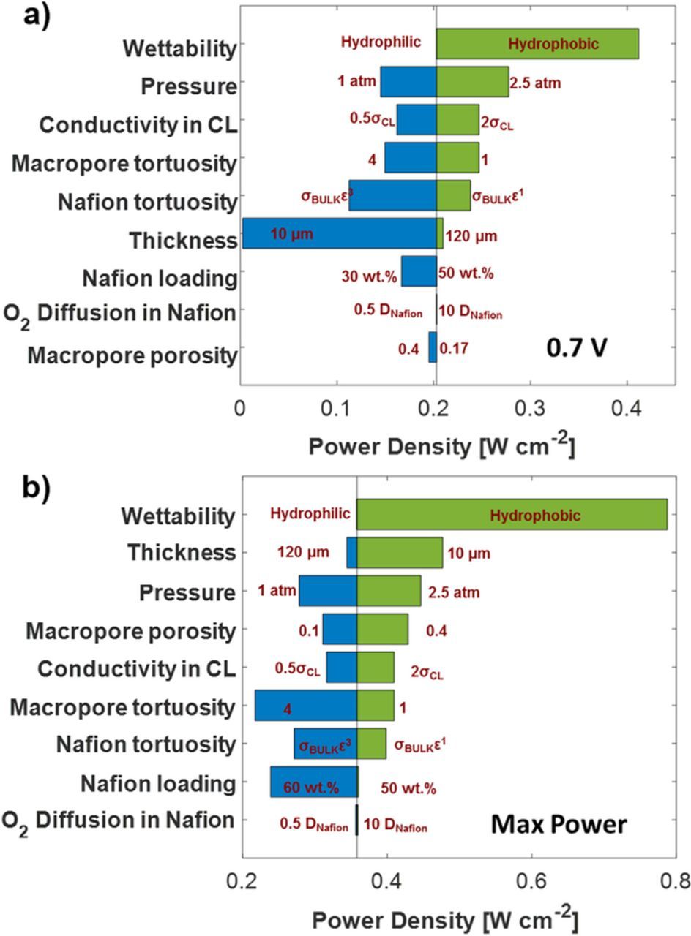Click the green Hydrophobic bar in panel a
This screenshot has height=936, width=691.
tap(537, 43)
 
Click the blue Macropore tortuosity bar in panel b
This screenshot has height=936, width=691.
tap(305, 706)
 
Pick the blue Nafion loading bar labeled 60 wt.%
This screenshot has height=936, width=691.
tap(313, 782)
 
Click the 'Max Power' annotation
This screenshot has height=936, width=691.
tap(559, 825)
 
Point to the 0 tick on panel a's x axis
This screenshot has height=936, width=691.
tap(240, 407)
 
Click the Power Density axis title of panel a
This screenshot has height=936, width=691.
tap(441, 445)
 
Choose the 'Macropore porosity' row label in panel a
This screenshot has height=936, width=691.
tap(132, 355)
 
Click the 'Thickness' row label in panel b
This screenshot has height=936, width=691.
tap(182, 553)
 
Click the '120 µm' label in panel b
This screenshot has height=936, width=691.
tap(303, 552)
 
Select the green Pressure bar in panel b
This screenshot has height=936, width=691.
tap(389, 591)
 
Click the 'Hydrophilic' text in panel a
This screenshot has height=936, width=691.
tap(381, 42)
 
